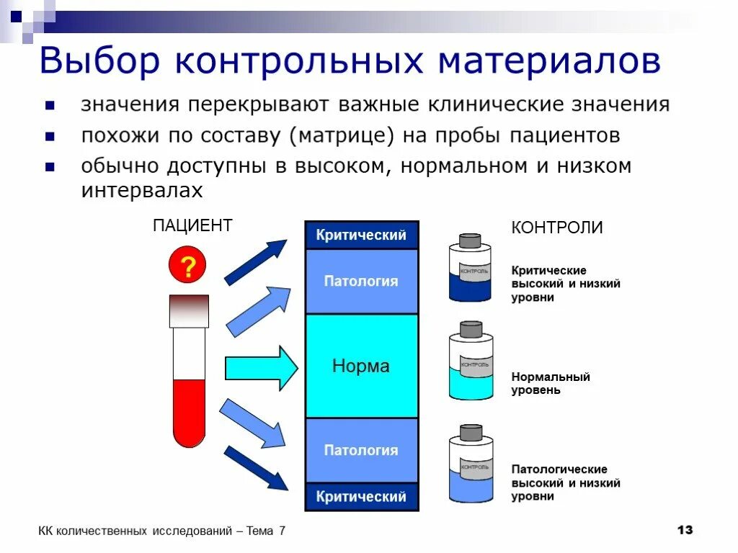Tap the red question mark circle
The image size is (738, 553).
click(x=187, y=267)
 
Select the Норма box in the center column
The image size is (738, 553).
click(x=361, y=366)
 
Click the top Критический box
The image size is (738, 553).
click(x=361, y=235)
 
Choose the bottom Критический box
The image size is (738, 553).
click(x=361, y=497)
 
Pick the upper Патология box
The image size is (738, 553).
click(x=361, y=281)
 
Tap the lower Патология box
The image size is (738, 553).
click(x=361, y=450)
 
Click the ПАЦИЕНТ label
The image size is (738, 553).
click(x=192, y=226)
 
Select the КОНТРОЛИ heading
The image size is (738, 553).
click(x=557, y=228)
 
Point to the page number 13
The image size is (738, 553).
click(x=685, y=530)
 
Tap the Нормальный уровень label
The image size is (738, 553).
click(x=551, y=384)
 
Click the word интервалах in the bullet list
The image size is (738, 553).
click(x=142, y=191)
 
